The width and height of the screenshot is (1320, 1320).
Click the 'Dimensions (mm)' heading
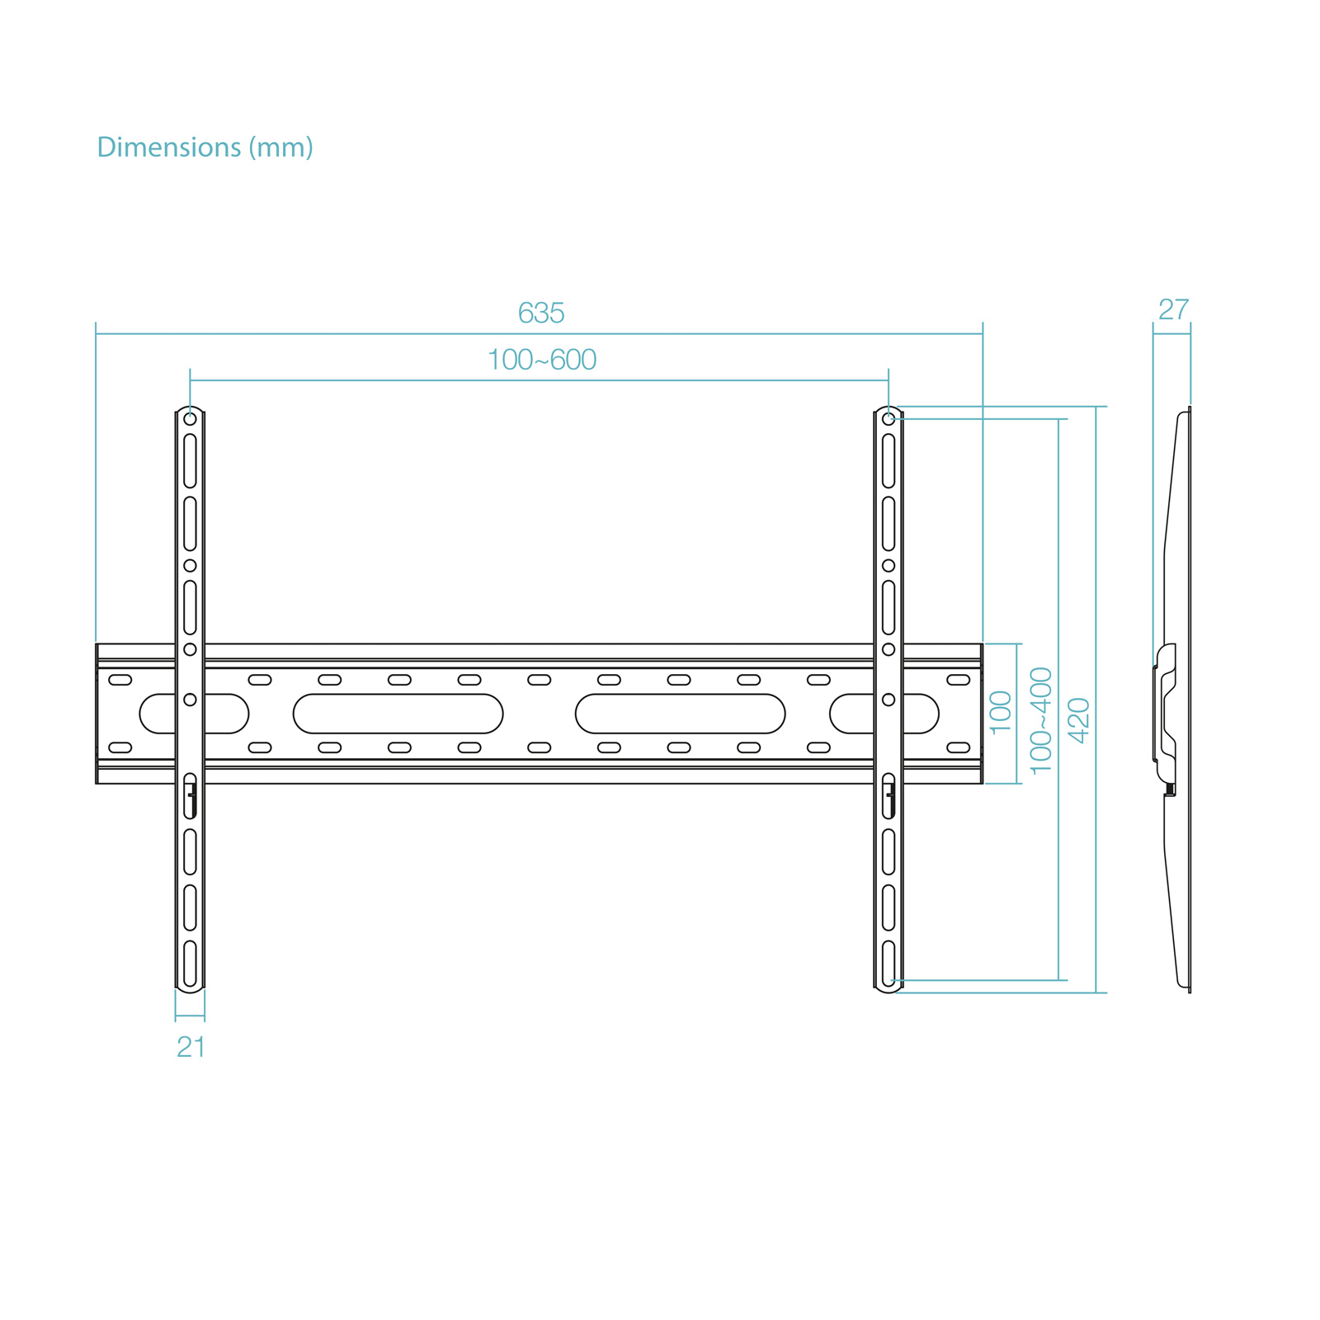pos(205,148)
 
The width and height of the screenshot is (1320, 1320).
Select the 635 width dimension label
pos(541,313)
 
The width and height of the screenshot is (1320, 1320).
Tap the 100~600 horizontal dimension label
pos(542,361)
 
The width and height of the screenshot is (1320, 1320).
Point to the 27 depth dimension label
pos(1173,310)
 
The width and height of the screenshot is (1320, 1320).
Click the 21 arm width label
pos(191,1047)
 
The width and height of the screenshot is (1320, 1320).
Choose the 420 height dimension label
pos(1079,720)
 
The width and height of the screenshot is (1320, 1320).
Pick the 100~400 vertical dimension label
pos(1042,720)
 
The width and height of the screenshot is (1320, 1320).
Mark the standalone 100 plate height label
pos(1001,713)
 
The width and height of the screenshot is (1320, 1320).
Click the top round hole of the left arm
pos(190,419)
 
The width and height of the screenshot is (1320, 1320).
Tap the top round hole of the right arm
pos(889,419)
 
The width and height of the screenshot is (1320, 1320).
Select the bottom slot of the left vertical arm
pos(190,963)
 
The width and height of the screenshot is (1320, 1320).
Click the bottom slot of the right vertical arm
pos(889,963)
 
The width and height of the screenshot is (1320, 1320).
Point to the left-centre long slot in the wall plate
pos(398,714)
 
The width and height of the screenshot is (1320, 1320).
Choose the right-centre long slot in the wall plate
pos(680,714)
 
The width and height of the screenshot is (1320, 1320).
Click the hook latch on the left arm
pos(191,796)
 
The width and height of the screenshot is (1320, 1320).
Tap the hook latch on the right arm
pos(889,796)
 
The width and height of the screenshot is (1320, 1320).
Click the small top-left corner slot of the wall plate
pos(120,680)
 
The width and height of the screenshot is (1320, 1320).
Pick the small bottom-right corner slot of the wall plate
pos(959,747)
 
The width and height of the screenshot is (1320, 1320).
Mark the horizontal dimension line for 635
pos(330,334)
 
